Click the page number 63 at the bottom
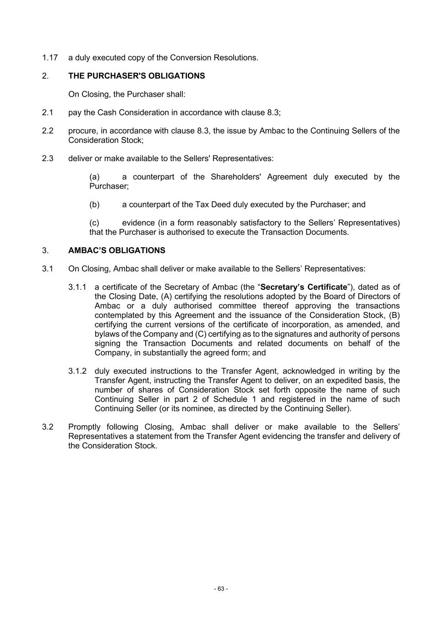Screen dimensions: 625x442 (221, 589)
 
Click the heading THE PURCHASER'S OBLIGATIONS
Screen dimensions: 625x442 (136, 76)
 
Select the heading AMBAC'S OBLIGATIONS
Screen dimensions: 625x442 (117, 250)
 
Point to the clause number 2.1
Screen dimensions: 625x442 (48, 113)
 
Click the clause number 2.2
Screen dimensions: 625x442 (48, 131)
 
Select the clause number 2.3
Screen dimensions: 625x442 (48, 158)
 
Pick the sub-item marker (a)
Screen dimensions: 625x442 (94, 177)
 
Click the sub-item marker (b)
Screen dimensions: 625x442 (94, 205)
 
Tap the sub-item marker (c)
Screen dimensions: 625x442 (94, 223)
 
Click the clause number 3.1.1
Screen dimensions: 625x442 (77, 287)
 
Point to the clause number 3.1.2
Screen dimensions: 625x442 (77, 371)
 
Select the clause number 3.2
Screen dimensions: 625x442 (48, 427)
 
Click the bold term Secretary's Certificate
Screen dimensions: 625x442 (304, 287)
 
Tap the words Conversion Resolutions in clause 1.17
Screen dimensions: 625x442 (213, 58)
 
